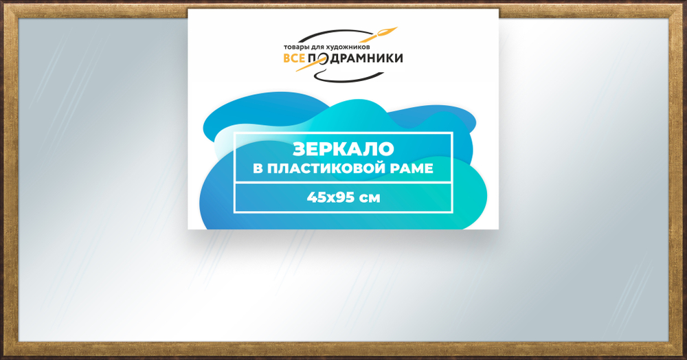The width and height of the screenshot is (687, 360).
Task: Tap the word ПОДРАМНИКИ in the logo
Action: (355, 60)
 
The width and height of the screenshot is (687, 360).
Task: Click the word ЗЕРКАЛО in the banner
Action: (343, 149)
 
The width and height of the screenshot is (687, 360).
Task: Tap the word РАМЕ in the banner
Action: (412, 168)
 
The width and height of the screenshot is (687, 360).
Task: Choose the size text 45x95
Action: (330, 198)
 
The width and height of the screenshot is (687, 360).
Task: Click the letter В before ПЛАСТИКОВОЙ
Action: (258, 168)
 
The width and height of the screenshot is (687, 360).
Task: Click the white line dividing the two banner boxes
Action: (343, 183)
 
